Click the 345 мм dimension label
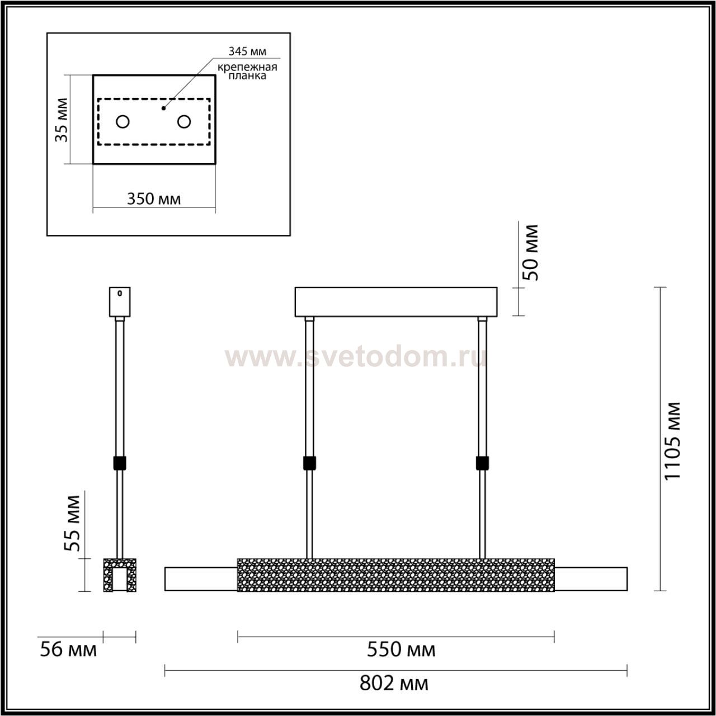coord(247,51)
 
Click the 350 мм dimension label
coord(154,199)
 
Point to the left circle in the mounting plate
coord(123,121)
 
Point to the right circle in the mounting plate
coord(184,121)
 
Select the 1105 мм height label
coord(672,440)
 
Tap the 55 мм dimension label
coord(73,523)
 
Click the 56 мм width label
coord(68,650)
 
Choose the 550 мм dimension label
coord(401,649)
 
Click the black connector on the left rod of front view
coord(309,463)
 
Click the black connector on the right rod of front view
coord(482,463)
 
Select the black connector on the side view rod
coord(120,463)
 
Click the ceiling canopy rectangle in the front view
coord(396,302)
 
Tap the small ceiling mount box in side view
coord(120,302)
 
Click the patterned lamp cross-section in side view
coord(120,574)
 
